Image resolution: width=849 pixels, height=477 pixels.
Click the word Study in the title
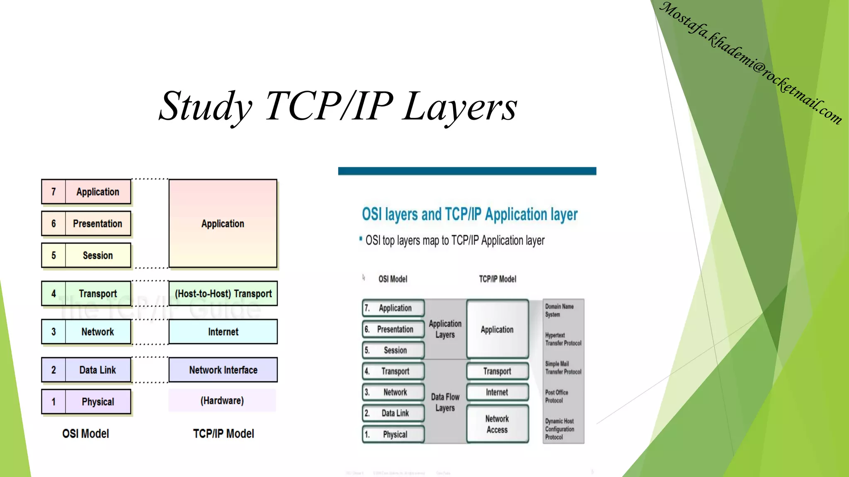tap(206, 107)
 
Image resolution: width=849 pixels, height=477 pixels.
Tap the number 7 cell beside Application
tap(53, 192)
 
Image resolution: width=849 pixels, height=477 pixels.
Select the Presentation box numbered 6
tap(97, 224)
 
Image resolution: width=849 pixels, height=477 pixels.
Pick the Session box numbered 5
tap(97, 255)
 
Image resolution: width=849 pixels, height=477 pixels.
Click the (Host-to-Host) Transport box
tap(223, 294)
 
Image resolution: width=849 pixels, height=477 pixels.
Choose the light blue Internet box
tap(223, 332)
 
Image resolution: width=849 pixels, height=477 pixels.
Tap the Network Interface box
tap(223, 370)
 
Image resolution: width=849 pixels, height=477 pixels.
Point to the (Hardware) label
tap(222, 400)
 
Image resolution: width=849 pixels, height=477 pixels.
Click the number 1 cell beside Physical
tap(53, 402)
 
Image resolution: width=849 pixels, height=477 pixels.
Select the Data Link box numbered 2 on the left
tap(97, 370)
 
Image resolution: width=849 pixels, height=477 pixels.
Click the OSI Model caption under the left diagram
tap(85, 434)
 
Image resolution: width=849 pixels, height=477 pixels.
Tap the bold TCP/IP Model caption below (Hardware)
tap(223, 434)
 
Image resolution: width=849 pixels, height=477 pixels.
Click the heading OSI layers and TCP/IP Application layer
tap(469, 214)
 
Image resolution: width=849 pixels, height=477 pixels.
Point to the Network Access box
tap(497, 424)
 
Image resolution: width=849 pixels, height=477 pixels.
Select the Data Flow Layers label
tap(445, 402)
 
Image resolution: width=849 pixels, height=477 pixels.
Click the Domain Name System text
tap(559, 310)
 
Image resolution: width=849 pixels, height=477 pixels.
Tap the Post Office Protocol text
tap(556, 396)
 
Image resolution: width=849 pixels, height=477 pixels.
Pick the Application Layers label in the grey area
tap(445, 329)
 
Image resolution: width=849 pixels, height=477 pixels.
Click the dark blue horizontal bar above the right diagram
tap(467, 171)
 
